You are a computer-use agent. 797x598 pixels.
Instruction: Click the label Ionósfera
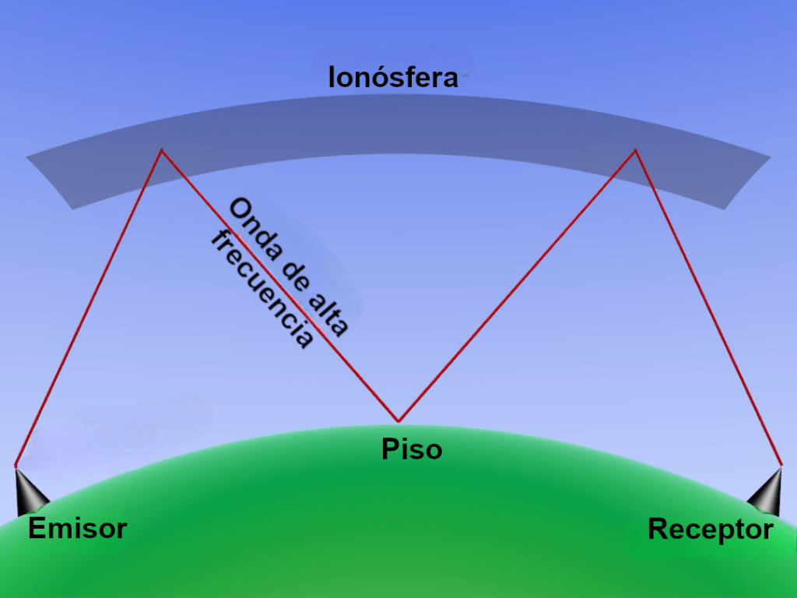(393, 78)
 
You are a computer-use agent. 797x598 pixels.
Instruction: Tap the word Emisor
(77, 529)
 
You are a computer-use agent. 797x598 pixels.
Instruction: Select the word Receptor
(710, 530)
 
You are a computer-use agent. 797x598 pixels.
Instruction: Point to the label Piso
(412, 449)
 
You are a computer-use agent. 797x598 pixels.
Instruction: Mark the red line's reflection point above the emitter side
(161, 149)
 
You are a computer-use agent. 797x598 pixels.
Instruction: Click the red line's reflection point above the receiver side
(635, 149)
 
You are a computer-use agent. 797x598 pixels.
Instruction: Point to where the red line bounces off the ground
(398, 421)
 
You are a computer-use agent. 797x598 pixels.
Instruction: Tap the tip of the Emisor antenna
(16, 466)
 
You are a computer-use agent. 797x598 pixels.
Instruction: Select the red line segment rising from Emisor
(88, 308)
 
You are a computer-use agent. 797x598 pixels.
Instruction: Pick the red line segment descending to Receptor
(708, 308)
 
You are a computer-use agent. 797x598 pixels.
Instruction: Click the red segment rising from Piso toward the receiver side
(517, 286)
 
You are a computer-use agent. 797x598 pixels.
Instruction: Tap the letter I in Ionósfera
(332, 78)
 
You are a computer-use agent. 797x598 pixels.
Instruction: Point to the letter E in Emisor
(37, 529)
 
